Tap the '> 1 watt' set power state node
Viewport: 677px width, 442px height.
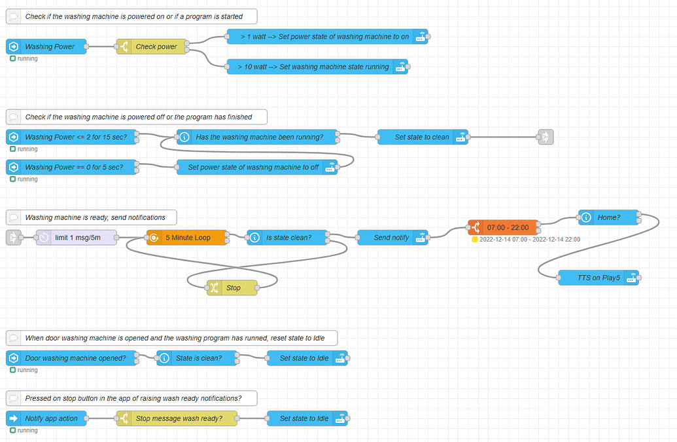[x=328, y=37]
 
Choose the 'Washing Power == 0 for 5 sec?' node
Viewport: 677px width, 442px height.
[x=73, y=167]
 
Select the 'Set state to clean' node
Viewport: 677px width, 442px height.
[x=423, y=137]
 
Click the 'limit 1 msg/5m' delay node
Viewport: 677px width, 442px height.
[x=77, y=238]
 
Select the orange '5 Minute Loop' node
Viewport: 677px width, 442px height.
[x=187, y=238]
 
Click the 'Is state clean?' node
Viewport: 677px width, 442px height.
[x=288, y=238]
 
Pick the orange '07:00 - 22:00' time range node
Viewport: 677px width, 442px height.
[x=504, y=227]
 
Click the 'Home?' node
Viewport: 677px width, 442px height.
[x=608, y=217]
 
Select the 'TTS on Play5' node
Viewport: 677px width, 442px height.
[x=599, y=278]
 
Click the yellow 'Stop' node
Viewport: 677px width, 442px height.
[x=232, y=287]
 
